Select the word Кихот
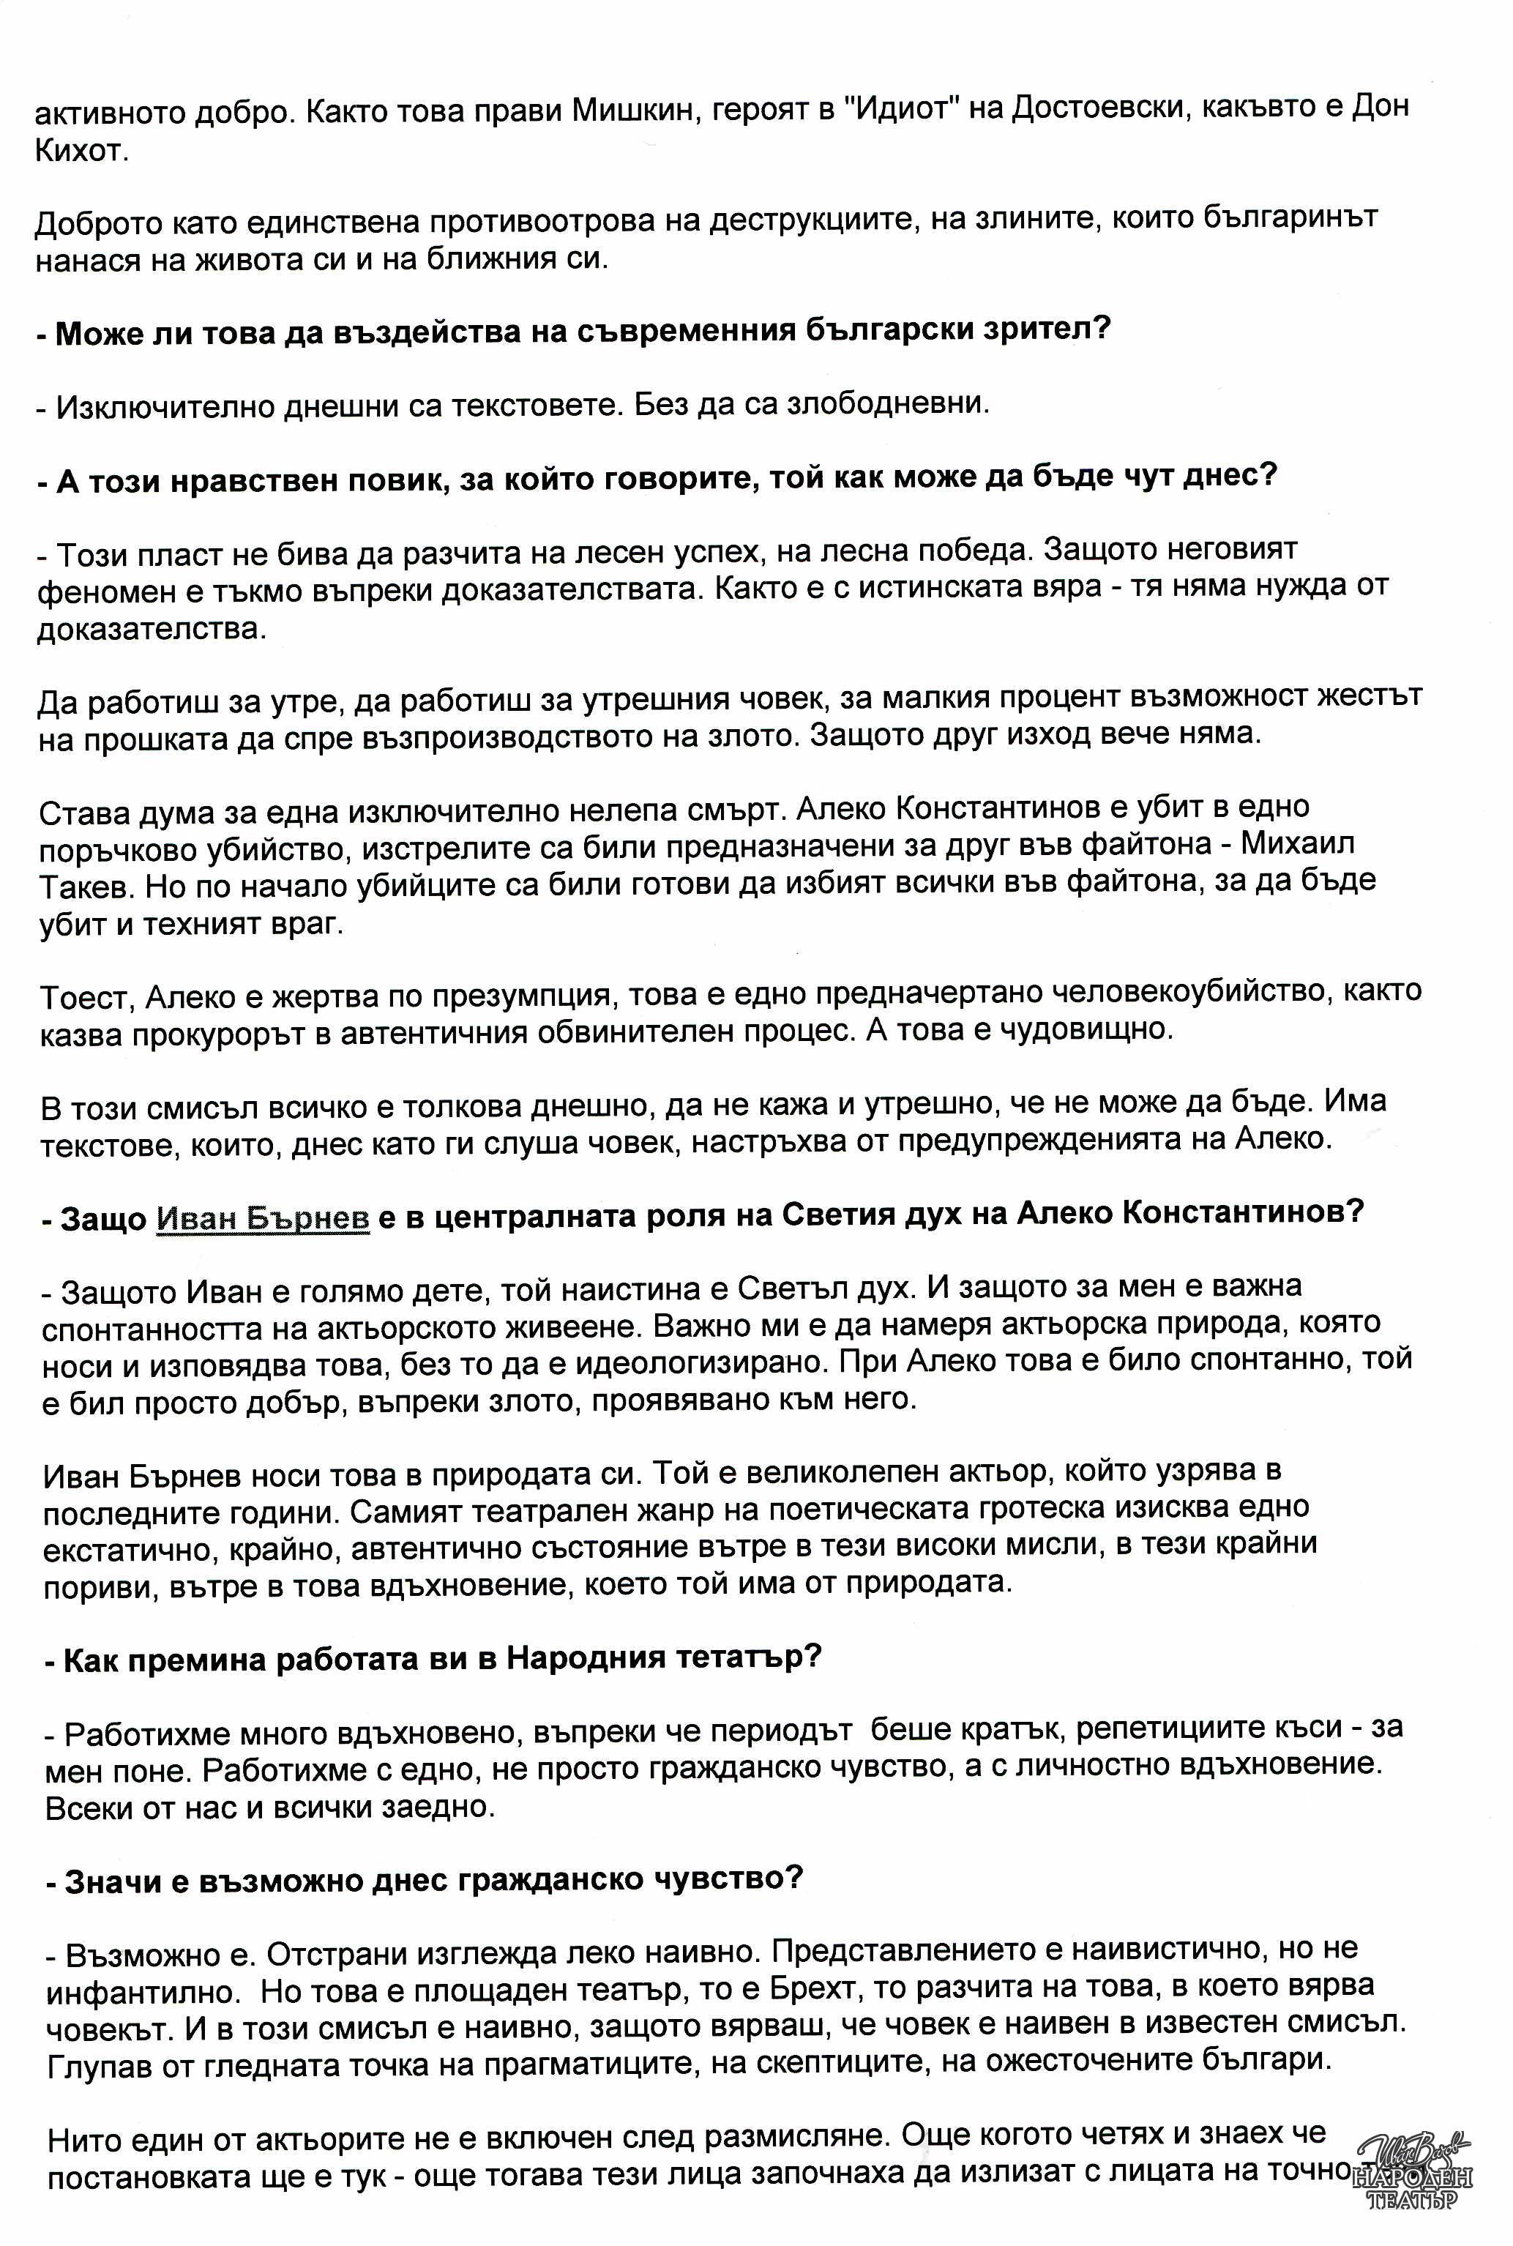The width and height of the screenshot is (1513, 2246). (x=81, y=152)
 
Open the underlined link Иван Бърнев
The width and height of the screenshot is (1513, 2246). (x=263, y=1218)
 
